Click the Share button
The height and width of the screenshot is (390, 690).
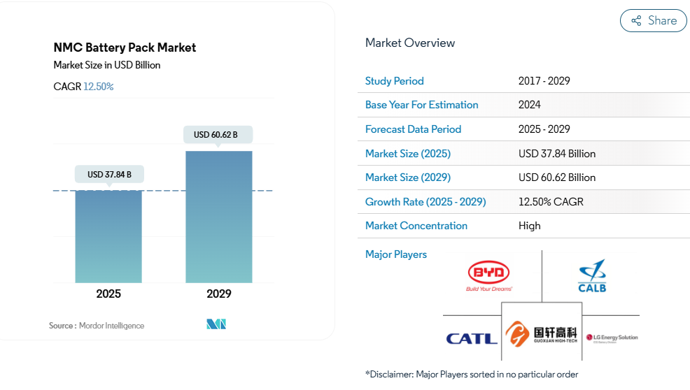(x=653, y=21)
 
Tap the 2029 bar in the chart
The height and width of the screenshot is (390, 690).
(x=218, y=217)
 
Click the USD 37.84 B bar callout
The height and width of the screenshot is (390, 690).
(x=109, y=174)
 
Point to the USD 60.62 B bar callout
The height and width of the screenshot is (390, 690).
(x=218, y=134)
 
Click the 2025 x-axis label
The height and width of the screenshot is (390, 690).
(x=108, y=294)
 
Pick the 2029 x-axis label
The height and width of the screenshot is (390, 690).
(x=218, y=294)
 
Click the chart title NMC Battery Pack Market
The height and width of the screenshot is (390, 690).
(x=125, y=48)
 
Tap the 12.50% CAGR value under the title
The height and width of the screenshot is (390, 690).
(x=99, y=87)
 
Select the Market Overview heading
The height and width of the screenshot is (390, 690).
(x=410, y=43)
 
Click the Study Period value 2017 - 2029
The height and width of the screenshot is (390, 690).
(x=544, y=80)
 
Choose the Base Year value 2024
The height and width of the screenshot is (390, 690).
(x=530, y=105)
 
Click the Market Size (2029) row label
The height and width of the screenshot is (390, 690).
(x=408, y=178)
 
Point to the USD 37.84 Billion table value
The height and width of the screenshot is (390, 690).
(x=557, y=153)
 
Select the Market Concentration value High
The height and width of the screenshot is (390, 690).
(x=530, y=226)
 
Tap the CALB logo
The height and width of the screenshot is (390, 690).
(x=592, y=277)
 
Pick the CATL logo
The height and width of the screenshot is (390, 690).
(x=472, y=339)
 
